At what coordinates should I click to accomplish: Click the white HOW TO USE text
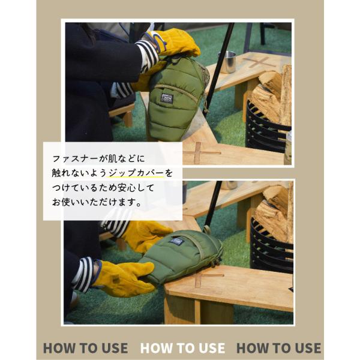[x=182, y=348]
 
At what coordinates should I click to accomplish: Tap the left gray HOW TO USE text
[x=85, y=348]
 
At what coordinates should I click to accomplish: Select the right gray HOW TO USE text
[x=279, y=348]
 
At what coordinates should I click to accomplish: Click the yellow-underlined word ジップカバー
[x=136, y=173]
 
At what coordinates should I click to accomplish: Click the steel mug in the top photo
[x=227, y=62]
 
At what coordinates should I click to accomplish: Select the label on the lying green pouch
[x=176, y=241]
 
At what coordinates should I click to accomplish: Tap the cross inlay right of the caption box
[x=200, y=152]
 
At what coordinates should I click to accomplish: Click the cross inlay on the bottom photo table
[x=206, y=279]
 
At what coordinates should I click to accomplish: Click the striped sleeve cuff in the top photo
[x=148, y=56]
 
